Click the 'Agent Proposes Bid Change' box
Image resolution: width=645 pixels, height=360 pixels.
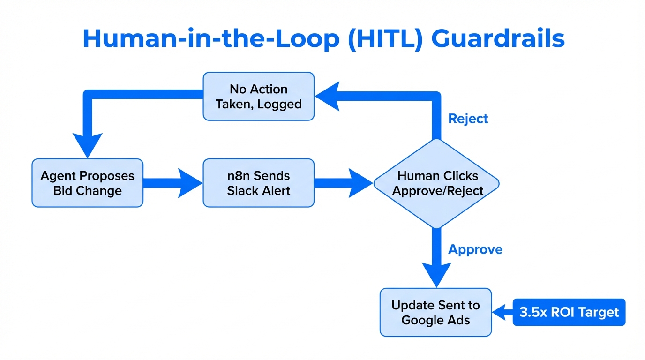click(x=87, y=183)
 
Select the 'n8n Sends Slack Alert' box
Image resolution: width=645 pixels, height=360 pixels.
click(x=258, y=183)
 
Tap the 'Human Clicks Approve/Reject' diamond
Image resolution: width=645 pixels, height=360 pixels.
click(x=436, y=183)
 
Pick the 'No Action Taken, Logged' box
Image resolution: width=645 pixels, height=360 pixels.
click(x=258, y=96)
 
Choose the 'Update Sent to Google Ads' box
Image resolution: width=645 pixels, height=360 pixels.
click(x=435, y=312)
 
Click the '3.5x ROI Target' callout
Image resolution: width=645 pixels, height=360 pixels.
click(x=569, y=312)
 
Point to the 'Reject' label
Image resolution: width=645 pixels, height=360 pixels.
click(x=468, y=119)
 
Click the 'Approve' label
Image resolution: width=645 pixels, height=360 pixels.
click(x=475, y=249)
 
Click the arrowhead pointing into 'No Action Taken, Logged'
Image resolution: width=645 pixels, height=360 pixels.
click(x=328, y=96)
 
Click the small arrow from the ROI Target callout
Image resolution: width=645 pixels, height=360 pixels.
click(x=502, y=312)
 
